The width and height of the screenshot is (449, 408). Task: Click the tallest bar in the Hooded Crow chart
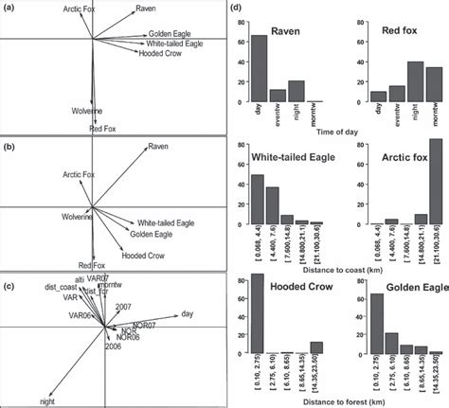pos(256,326)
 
